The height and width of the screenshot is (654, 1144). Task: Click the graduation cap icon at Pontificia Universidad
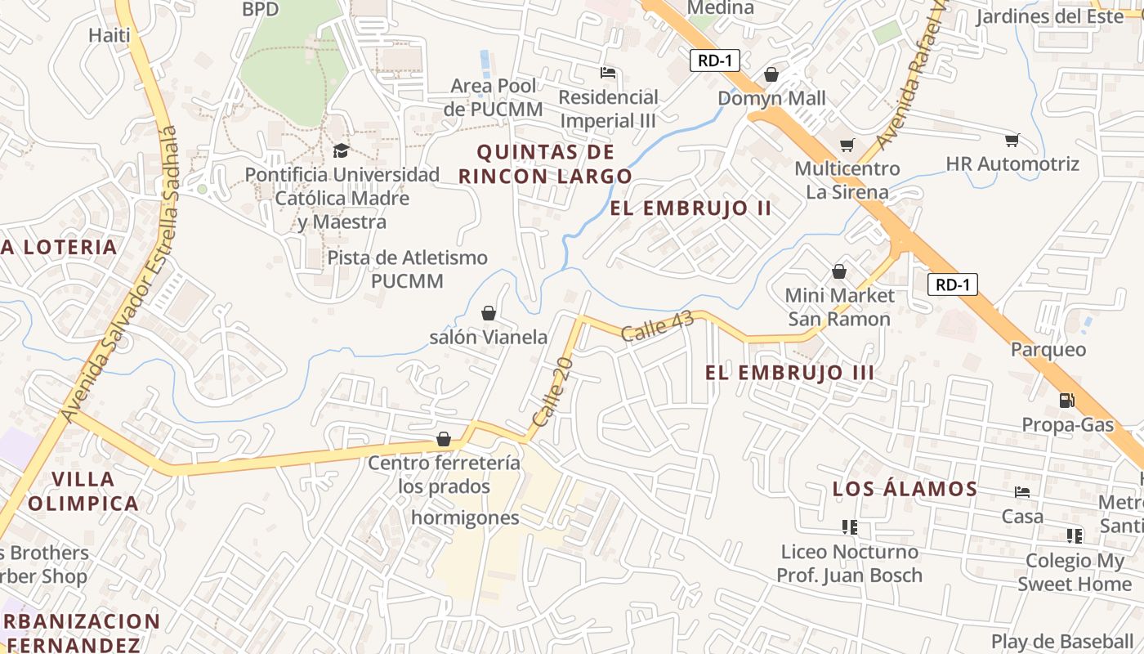341,151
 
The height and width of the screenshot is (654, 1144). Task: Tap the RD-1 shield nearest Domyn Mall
714,60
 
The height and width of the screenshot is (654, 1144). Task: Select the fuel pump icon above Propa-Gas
1067,401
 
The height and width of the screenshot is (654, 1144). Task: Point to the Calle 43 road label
657,326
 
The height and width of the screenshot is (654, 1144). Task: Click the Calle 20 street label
552,391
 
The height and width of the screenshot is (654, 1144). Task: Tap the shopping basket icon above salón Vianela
489,313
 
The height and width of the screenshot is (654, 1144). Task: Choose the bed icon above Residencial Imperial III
608,73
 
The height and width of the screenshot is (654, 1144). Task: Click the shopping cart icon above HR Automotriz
1012,141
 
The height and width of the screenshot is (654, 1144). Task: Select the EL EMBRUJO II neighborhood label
690,208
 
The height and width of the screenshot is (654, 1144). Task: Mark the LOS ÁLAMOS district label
905,489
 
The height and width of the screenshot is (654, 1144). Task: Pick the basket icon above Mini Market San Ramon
839,271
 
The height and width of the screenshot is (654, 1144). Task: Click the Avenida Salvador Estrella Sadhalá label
120,275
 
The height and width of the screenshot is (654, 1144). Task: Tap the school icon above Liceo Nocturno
849,527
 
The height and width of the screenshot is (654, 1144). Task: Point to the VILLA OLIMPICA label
83,490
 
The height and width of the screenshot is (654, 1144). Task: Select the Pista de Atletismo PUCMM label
407,269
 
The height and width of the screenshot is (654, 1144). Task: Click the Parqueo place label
1048,350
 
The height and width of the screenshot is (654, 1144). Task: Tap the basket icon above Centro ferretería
444,440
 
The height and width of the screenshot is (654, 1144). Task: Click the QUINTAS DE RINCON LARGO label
545,163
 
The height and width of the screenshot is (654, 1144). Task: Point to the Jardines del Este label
1050,16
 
